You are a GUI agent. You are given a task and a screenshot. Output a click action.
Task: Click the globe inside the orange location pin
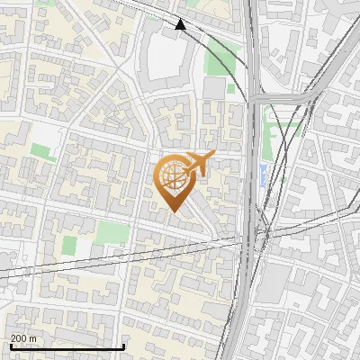(174, 177)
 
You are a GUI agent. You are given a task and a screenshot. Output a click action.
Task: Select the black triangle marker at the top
(181, 25)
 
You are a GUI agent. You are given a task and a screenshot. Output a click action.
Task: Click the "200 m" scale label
(23, 338)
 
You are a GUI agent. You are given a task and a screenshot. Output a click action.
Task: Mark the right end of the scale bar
(123, 346)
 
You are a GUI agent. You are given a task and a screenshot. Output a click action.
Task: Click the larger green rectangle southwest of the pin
(112, 232)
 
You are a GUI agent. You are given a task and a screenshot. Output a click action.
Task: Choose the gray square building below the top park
(214, 88)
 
